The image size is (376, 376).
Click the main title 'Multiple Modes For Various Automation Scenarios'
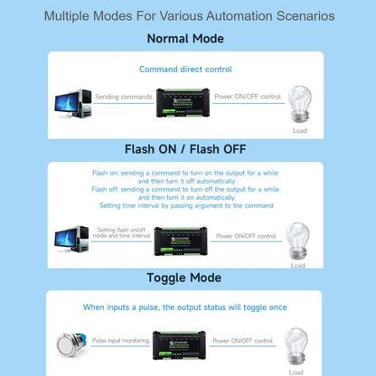click(x=188, y=16)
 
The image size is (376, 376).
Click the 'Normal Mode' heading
click(x=185, y=39)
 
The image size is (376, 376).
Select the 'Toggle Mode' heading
click(x=185, y=277)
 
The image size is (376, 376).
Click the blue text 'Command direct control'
click(x=185, y=69)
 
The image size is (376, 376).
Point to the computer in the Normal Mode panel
click(x=72, y=104)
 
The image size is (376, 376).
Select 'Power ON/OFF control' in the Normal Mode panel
click(x=245, y=95)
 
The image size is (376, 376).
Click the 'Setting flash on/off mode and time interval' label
click(x=120, y=232)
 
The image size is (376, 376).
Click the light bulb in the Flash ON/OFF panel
click(x=298, y=239)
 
